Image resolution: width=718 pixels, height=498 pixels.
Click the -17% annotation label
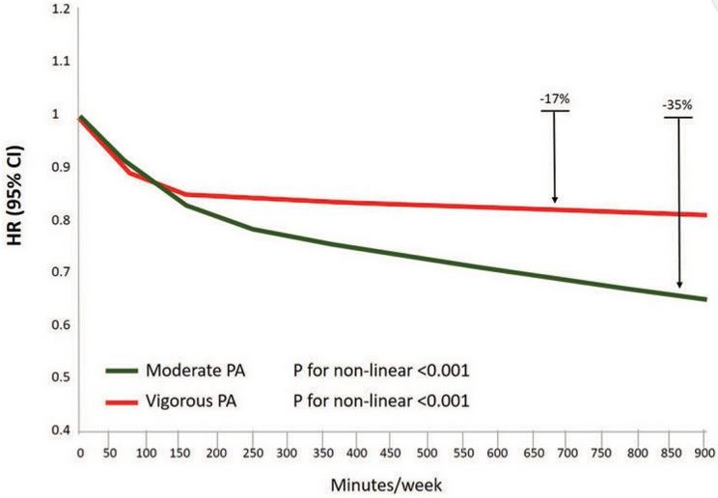click(554, 99)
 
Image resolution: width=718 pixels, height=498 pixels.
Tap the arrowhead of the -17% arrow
click(555, 200)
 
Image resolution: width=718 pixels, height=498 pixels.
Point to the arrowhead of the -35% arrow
click(679, 286)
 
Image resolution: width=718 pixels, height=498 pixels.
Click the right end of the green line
click(706, 299)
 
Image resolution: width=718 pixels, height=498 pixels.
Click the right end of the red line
click(706, 214)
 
